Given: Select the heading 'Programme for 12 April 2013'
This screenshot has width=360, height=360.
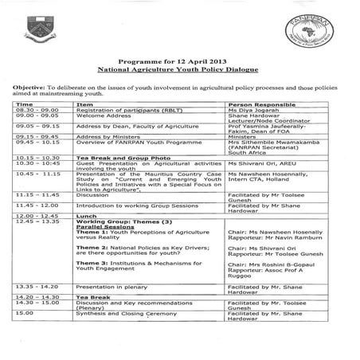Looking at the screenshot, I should point(179,83).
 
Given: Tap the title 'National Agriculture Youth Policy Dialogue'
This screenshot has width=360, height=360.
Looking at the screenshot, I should point(179,92).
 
